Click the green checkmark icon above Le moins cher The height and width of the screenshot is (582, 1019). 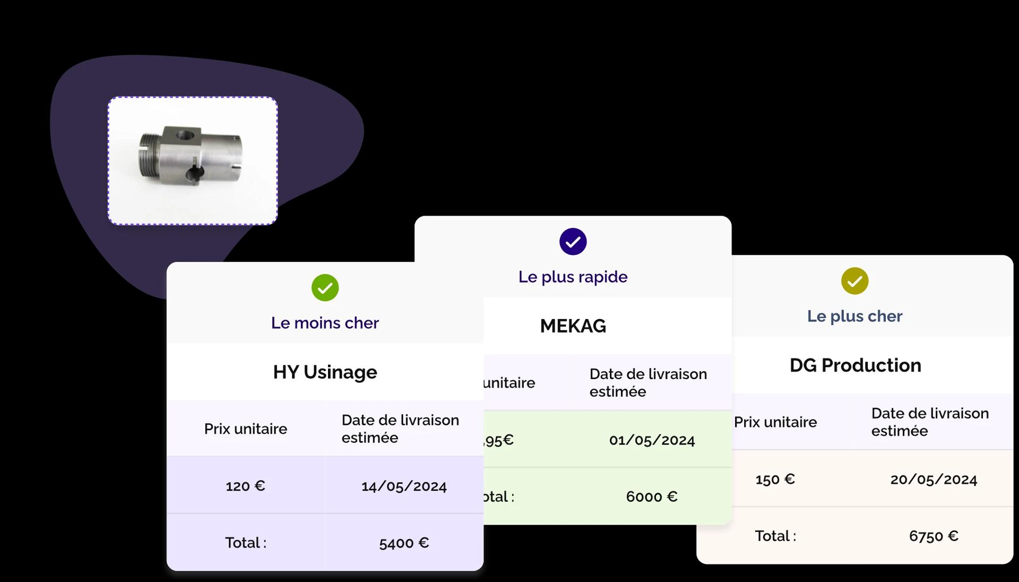click(325, 288)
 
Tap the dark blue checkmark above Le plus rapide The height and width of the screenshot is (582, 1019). click(573, 242)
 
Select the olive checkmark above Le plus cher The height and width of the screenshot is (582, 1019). click(854, 281)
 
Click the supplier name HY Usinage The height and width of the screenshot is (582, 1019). click(325, 372)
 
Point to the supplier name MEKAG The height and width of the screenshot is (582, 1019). click(573, 326)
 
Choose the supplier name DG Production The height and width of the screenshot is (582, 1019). click(855, 365)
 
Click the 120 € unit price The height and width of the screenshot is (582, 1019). click(245, 486)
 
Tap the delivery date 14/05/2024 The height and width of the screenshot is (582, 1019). click(404, 486)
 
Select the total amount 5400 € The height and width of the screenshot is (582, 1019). click(404, 543)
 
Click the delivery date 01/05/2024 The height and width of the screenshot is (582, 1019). click(652, 440)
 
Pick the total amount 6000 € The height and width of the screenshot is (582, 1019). click(652, 497)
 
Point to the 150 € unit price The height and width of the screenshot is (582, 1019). click(775, 480)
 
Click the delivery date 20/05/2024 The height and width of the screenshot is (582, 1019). click(934, 480)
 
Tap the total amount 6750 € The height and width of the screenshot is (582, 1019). click(934, 536)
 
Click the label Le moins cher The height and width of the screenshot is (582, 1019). click(325, 323)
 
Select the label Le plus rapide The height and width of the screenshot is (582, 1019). click(573, 277)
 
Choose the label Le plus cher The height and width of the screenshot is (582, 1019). click(854, 316)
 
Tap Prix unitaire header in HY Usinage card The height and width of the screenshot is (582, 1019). click(245, 429)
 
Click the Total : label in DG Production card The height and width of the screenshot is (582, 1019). click(775, 536)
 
